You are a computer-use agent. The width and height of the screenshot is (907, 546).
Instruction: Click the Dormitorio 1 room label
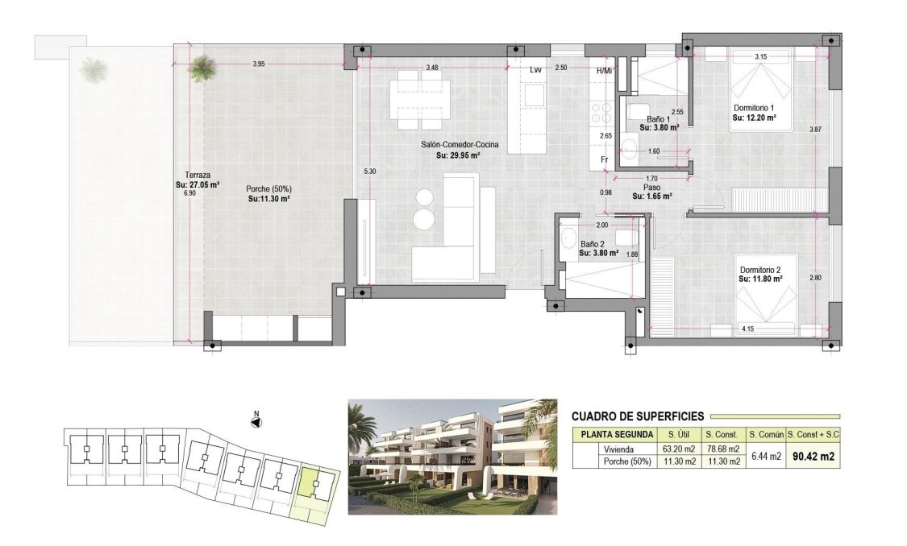[753, 108]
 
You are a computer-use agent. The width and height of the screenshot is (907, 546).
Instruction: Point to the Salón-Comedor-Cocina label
[459, 145]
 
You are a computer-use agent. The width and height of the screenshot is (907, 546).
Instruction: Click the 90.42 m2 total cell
[812, 455]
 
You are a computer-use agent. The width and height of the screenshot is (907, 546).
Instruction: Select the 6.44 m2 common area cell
[764, 456]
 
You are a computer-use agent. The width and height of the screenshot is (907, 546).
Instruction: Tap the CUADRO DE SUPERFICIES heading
[637, 416]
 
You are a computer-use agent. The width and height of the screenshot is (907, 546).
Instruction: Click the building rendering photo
[452, 456]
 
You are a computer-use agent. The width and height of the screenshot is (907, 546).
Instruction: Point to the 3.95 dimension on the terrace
[259, 64]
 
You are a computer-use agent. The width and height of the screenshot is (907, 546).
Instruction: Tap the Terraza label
[198, 175]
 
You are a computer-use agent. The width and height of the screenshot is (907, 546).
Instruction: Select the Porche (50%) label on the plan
[268, 189]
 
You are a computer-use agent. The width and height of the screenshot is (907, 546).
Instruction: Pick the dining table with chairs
[419, 100]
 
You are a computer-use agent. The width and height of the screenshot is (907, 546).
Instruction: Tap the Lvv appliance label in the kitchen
[535, 69]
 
